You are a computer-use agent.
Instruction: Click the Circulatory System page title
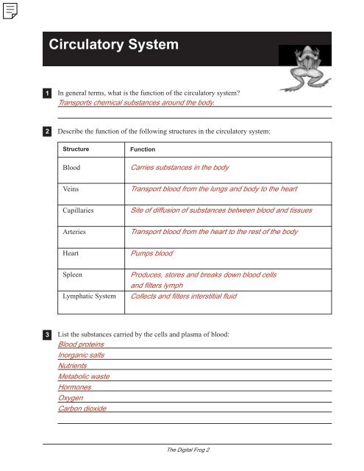pos(113,46)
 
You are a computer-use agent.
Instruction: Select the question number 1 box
pos(46,94)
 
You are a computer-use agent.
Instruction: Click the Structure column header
pos(76,149)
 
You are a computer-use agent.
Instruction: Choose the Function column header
pos(143,149)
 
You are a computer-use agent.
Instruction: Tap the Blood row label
pos(71,169)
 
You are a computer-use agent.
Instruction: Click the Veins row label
pos(71,190)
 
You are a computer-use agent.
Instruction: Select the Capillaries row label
pos(81,211)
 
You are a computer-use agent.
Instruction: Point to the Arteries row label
pos(76,233)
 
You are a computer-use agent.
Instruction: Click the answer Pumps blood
pos(151,254)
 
